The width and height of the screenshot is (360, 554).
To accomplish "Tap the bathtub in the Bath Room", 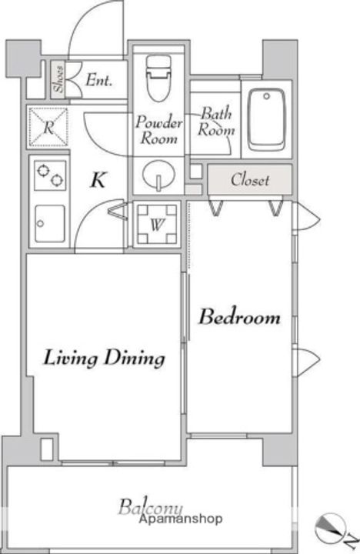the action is tap(266, 120).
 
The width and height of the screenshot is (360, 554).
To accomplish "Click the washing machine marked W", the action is tap(157, 224).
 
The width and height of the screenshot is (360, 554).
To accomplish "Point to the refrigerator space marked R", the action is tap(48, 127).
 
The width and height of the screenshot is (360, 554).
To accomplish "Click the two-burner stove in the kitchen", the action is tap(50, 175).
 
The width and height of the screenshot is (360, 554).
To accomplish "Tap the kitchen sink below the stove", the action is tap(50, 223).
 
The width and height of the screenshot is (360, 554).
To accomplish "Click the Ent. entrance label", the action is tap(99, 80).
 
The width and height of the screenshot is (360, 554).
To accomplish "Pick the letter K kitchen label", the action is tap(98, 180).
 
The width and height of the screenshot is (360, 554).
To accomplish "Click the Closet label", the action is tap(250, 180).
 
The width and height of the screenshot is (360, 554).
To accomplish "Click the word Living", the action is tap(70, 359).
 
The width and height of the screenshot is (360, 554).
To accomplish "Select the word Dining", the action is tap(135, 359).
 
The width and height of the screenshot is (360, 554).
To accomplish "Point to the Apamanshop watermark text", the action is tap(181, 519).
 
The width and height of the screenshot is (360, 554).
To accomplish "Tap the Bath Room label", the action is tap(216, 122).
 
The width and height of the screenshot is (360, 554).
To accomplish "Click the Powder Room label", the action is tap(159, 130).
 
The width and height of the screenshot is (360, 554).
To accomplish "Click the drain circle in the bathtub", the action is tap(267, 96).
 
